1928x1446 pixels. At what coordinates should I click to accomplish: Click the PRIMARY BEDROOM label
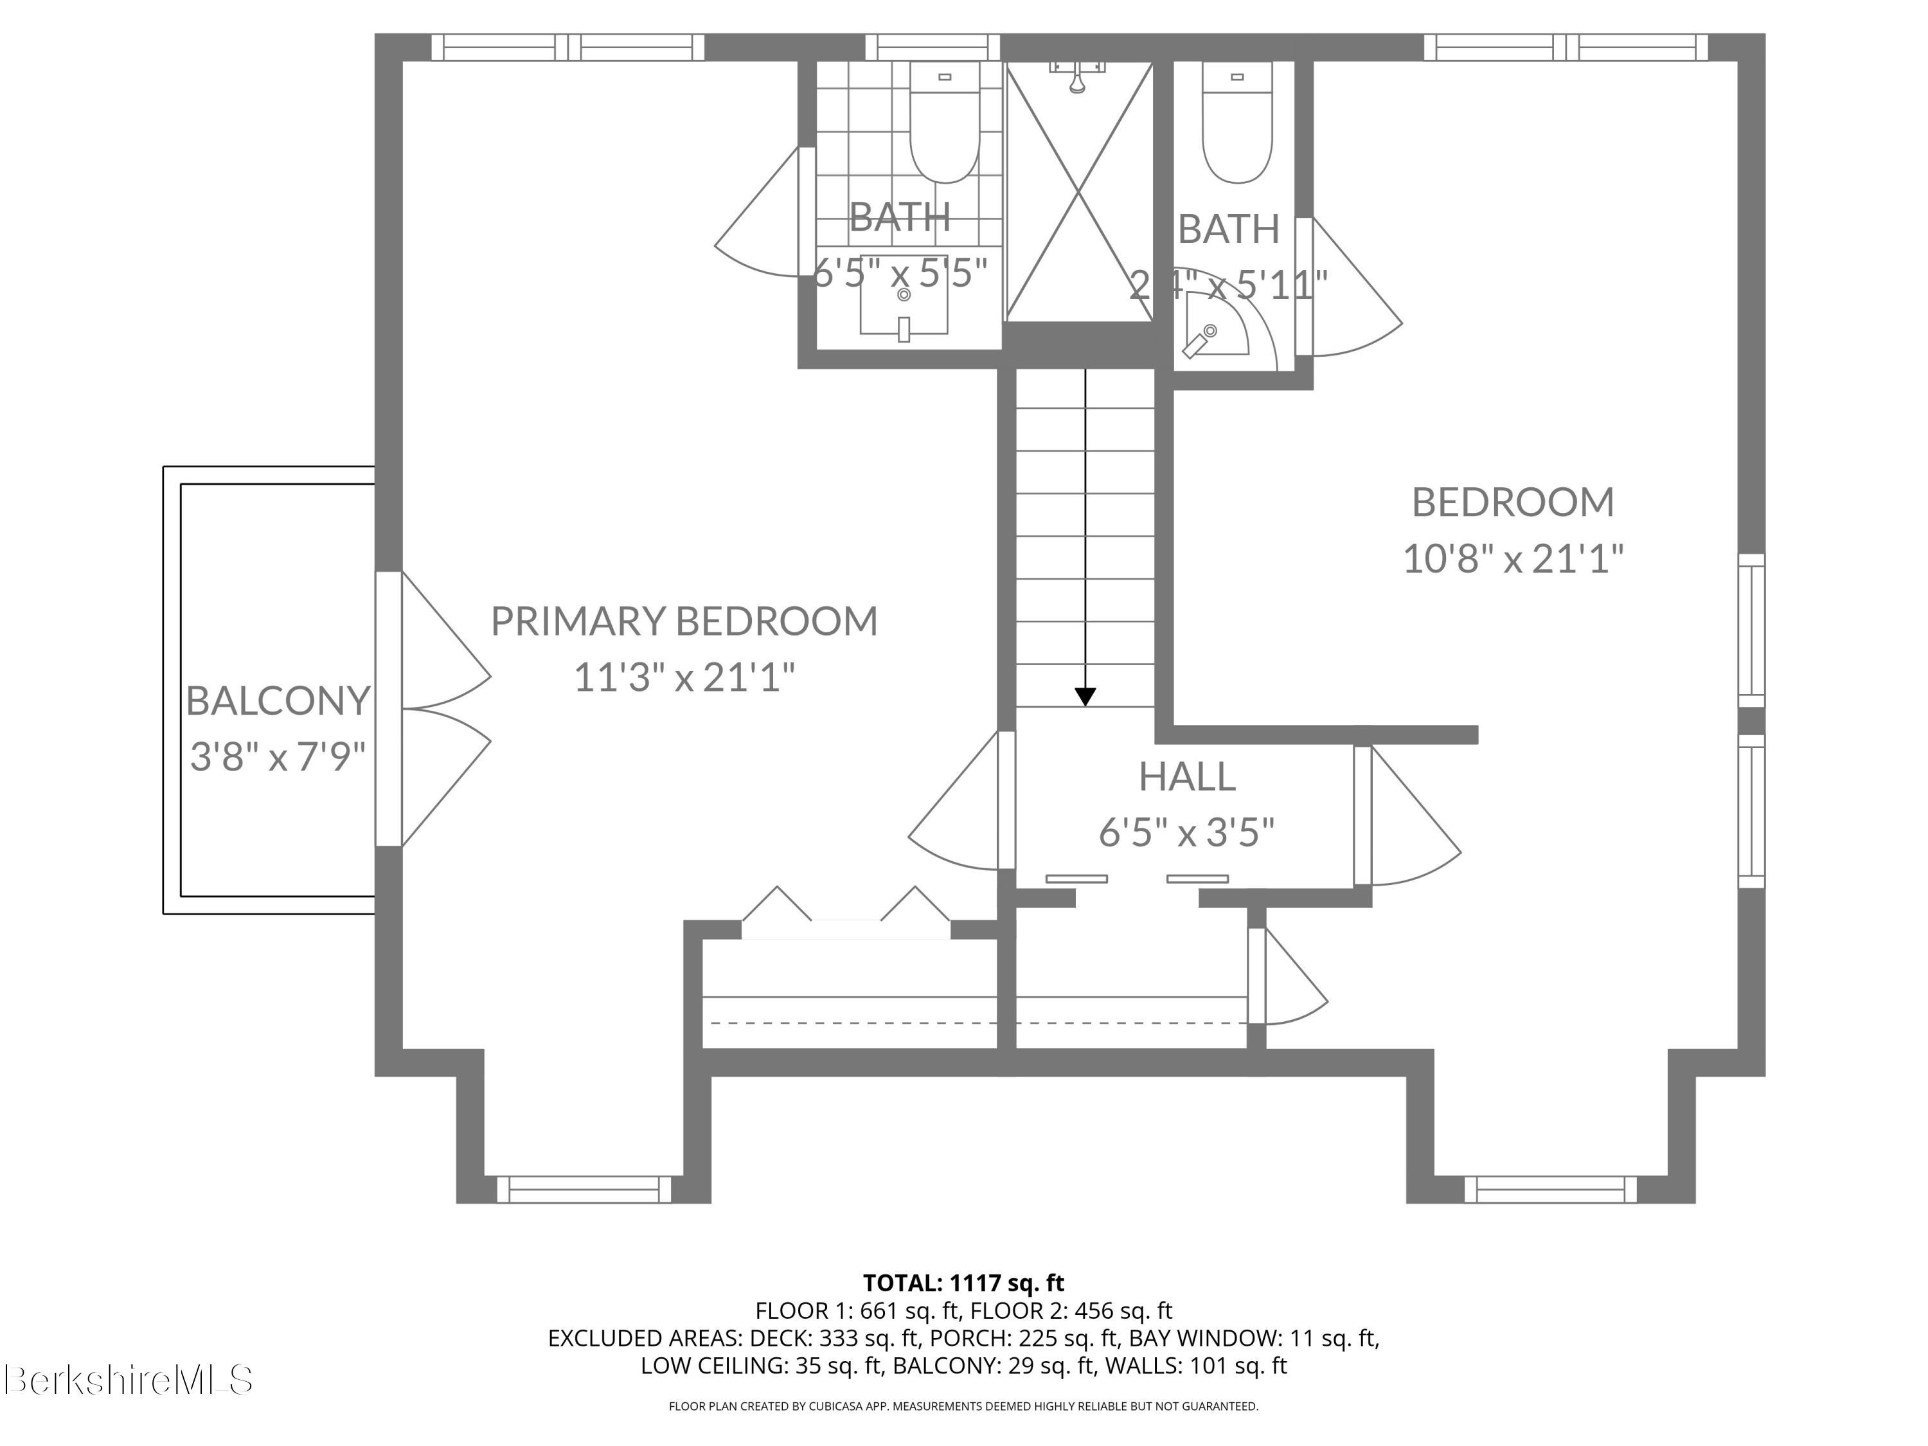click(x=684, y=621)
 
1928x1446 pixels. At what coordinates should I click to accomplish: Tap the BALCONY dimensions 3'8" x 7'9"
click(x=277, y=756)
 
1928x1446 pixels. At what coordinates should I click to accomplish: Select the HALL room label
click(x=1186, y=776)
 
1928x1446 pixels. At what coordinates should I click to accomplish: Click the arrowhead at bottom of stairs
click(x=1085, y=697)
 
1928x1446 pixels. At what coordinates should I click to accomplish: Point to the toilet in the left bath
click(x=945, y=127)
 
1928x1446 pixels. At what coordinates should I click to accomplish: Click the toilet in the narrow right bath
click(x=1238, y=127)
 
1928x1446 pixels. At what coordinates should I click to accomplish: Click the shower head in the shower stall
click(x=1077, y=78)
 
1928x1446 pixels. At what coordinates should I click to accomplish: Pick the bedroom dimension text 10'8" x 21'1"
click(x=1513, y=558)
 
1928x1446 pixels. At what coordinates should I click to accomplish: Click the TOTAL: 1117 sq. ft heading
click(x=963, y=1283)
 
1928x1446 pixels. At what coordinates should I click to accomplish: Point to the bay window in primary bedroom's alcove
click(x=584, y=1189)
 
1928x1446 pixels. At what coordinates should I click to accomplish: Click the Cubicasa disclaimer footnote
click(x=963, y=1406)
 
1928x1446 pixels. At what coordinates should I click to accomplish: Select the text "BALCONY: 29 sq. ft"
click(x=993, y=1366)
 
